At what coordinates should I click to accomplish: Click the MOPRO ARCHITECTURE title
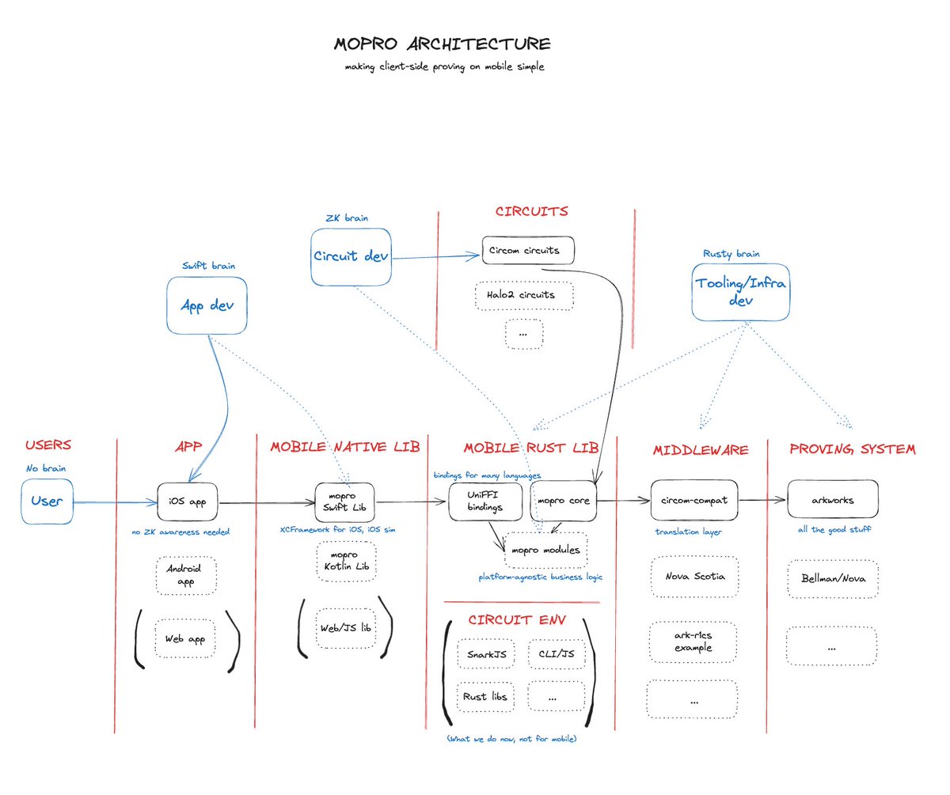pos(442,44)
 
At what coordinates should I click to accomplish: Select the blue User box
pos(47,501)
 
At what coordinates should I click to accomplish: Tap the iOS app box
pos(187,502)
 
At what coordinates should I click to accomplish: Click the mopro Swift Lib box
pos(346,502)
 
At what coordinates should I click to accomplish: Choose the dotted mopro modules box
pos(545,550)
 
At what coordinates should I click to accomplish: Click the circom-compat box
pos(694,500)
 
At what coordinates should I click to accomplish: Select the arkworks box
pos(832,500)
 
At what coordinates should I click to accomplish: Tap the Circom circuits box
pos(527,250)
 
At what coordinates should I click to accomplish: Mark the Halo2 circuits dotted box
pos(523,295)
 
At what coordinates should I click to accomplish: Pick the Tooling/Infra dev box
pos(740,292)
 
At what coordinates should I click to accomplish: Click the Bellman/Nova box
pos(832,578)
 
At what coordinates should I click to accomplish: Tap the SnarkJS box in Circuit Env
pos(487,654)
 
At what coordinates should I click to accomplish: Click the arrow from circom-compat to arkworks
pos(762,500)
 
